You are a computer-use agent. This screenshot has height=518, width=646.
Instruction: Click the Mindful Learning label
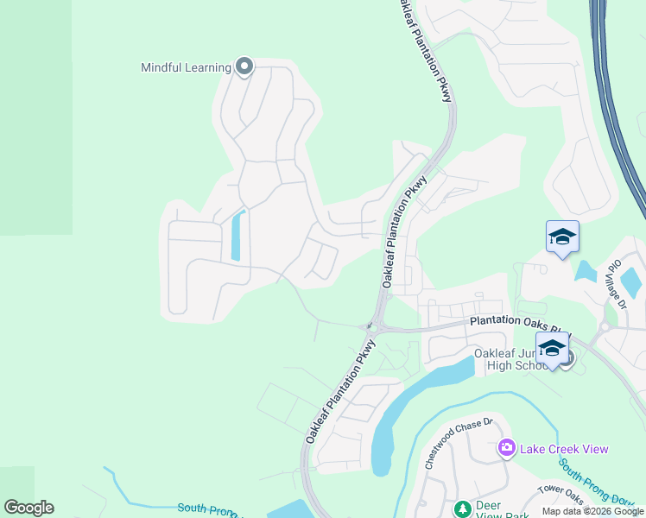pyautogui.click(x=186, y=67)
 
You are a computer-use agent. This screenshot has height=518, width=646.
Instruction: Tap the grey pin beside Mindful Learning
pyautogui.click(x=244, y=66)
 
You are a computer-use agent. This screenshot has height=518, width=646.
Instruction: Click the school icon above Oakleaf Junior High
pyautogui.click(x=552, y=348)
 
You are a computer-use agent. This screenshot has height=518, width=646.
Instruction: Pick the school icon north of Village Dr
pyautogui.click(x=561, y=237)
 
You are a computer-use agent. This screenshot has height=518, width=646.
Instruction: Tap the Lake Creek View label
pyautogui.click(x=564, y=449)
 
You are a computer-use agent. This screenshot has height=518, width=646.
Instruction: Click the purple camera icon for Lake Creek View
pyautogui.click(x=506, y=448)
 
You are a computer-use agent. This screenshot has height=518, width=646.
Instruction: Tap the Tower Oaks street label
pyautogui.click(x=562, y=493)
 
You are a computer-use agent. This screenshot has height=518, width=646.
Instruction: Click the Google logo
pyautogui.click(x=29, y=508)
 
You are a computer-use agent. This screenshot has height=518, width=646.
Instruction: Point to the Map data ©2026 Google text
pyautogui.click(x=592, y=511)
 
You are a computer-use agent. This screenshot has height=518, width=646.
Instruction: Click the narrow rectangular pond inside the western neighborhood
pyautogui.click(x=237, y=235)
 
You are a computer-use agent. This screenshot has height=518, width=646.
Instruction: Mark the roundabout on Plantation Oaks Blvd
pyautogui.click(x=605, y=328)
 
